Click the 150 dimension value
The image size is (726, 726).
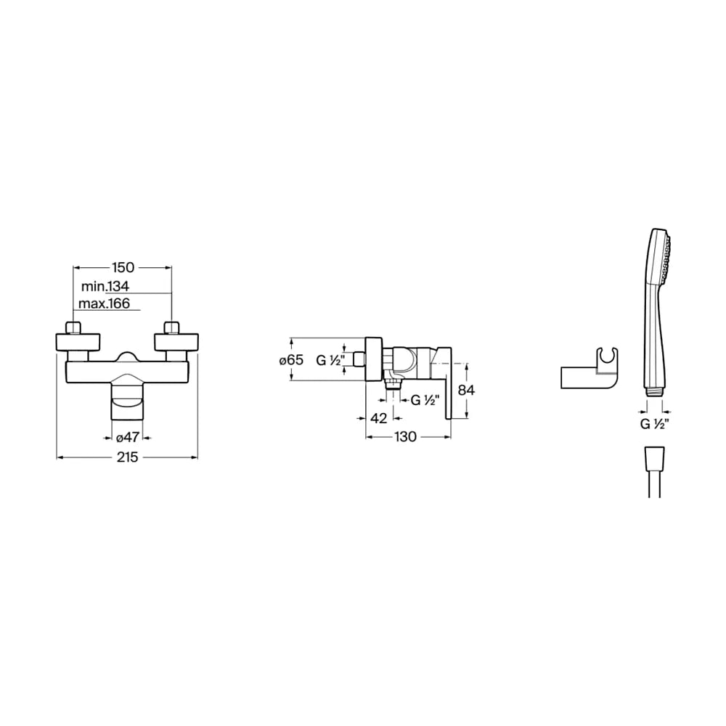pyautogui.click(x=123, y=268)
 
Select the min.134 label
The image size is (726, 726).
pyautogui.click(x=105, y=286)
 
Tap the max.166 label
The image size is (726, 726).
pyautogui.click(x=104, y=303)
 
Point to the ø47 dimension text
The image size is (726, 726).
pyautogui.click(x=127, y=437)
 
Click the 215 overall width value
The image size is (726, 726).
pyautogui.click(x=127, y=457)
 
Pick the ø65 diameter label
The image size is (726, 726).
pyautogui.click(x=291, y=360)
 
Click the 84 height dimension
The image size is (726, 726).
pyautogui.click(x=466, y=391)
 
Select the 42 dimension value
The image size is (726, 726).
pyautogui.click(x=379, y=419)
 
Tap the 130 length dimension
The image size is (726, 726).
pyautogui.click(x=406, y=437)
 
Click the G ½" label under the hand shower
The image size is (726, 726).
pyautogui.click(x=655, y=424)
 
